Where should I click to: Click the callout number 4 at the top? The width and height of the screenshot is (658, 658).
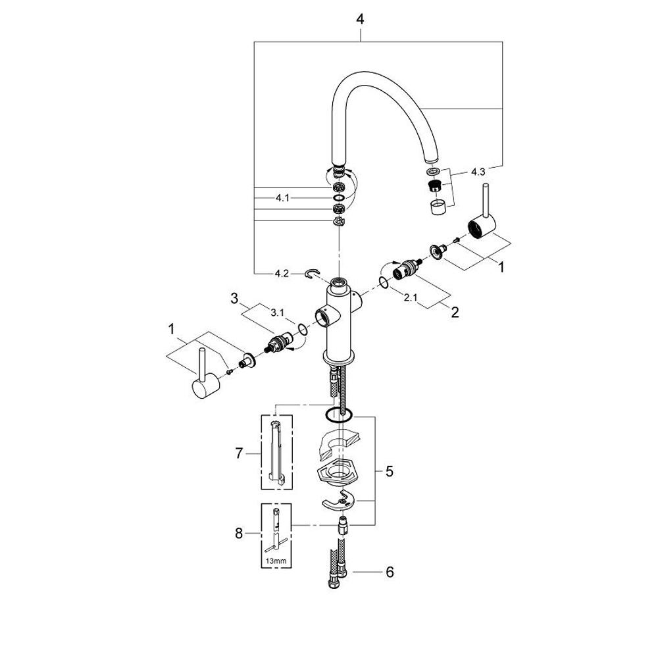360,20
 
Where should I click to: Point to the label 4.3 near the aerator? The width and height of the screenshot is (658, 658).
478,172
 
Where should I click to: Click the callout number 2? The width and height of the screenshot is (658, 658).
453,313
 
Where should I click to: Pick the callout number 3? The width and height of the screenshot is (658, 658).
234,298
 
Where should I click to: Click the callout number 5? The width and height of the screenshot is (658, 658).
390,471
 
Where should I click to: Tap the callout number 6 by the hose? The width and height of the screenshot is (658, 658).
390,572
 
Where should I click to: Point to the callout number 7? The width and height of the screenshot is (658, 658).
240,453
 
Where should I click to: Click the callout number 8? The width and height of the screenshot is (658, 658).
240,533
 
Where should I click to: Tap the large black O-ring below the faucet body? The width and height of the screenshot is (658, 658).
338,415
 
